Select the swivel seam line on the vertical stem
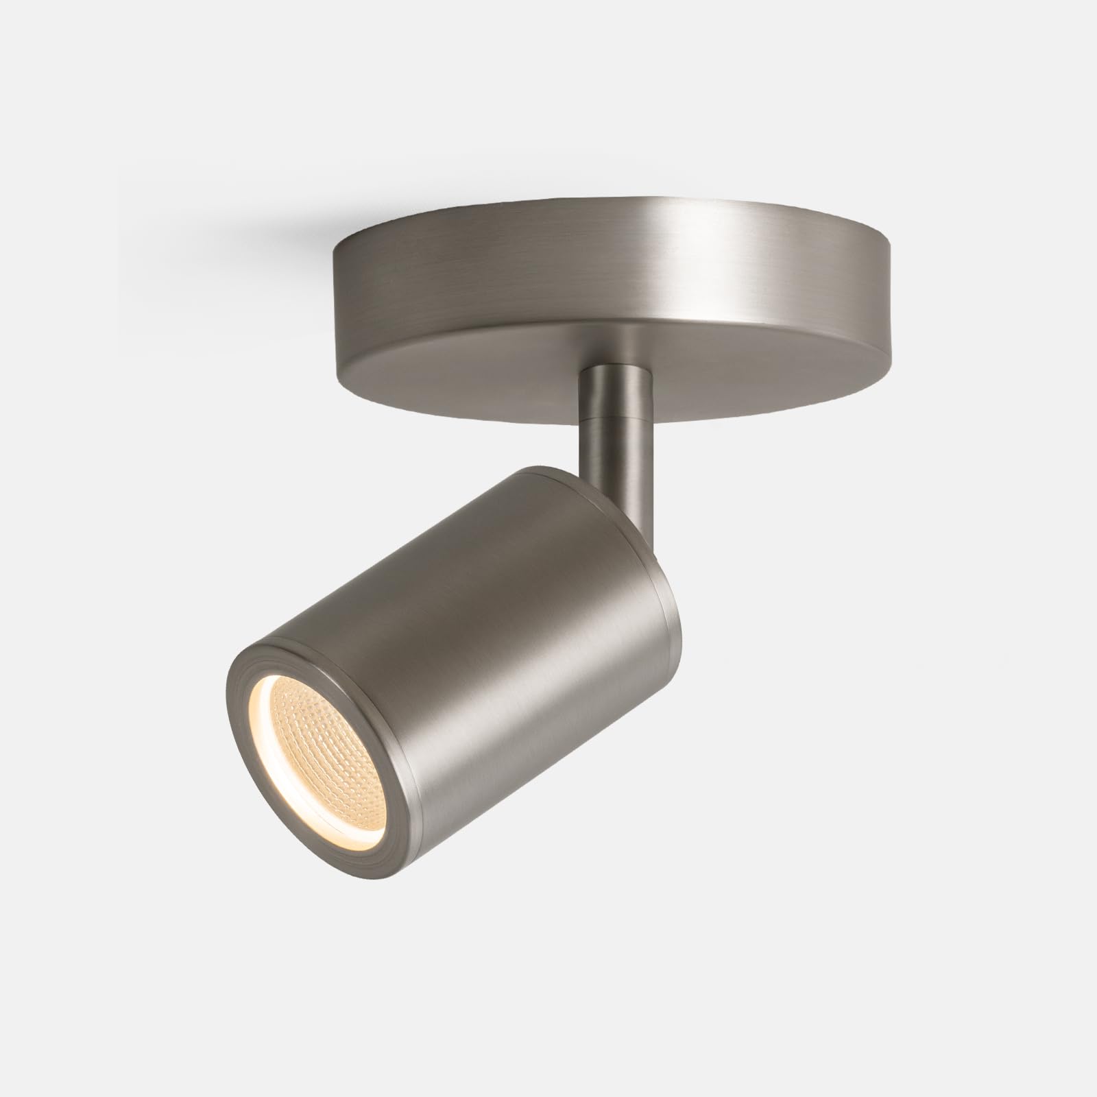click(613, 420)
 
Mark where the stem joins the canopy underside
click(613, 367)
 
